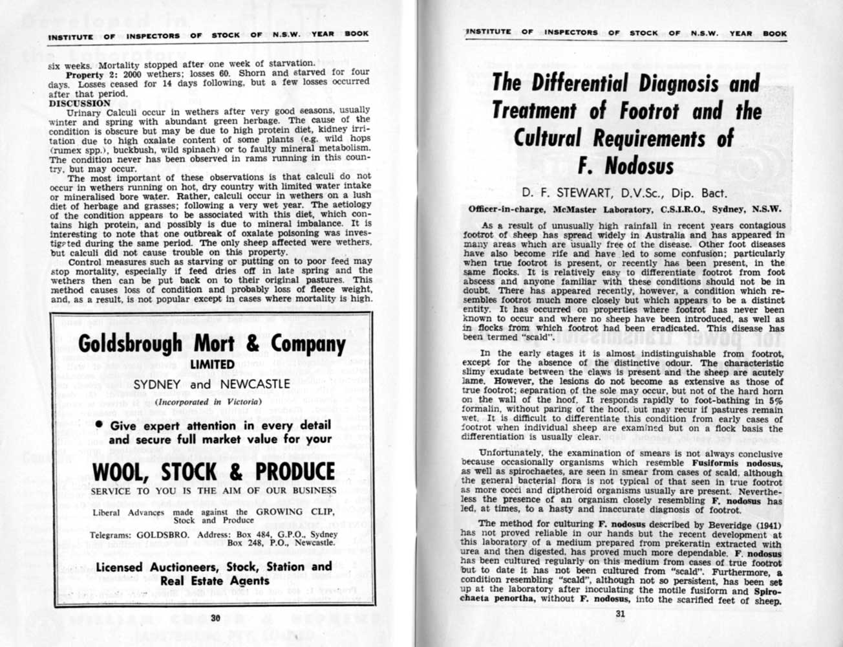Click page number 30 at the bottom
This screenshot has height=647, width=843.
tap(215, 618)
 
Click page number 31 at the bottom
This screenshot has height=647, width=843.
tap(622, 615)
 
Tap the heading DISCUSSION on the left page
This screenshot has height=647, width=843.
tap(80, 103)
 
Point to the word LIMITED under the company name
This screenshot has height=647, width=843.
tap(211, 365)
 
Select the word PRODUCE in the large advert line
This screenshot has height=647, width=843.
tap(295, 472)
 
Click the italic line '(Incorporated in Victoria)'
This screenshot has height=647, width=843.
tap(211, 401)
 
